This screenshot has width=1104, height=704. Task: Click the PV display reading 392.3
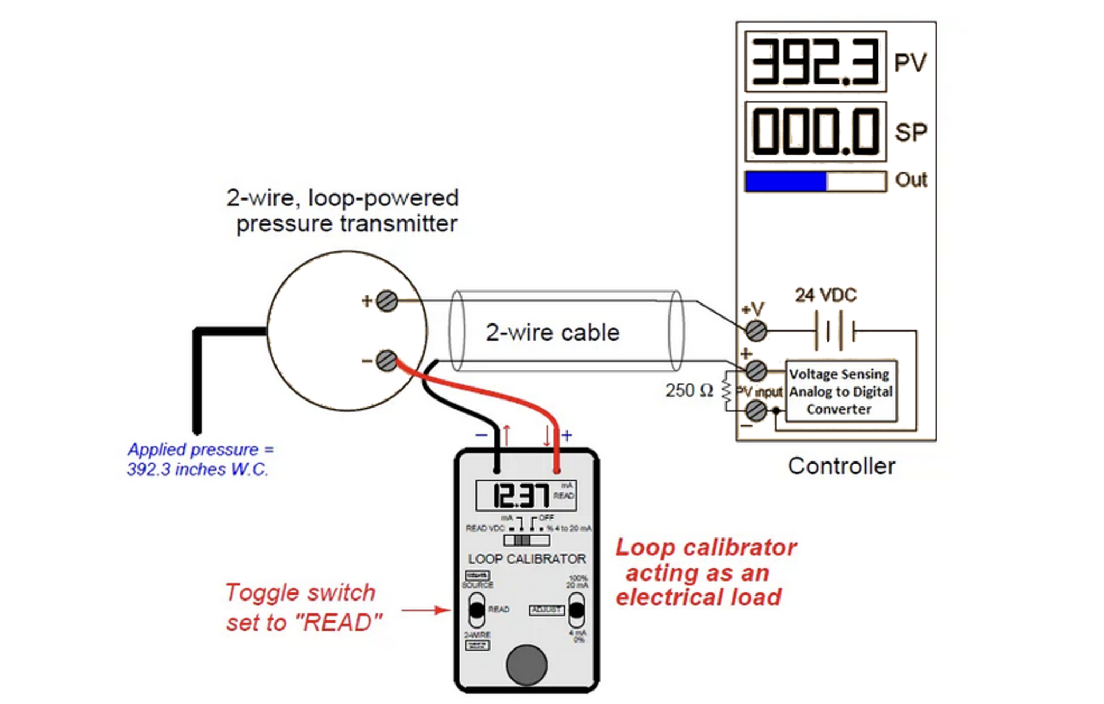pos(815,61)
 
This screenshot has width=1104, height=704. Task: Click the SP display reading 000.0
pos(815,132)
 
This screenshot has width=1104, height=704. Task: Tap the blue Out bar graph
pos(786,182)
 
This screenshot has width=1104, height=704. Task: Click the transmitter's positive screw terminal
pos(387,301)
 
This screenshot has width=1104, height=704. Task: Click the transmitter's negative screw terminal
pos(387,361)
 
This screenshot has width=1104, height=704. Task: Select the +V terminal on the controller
pos(756,330)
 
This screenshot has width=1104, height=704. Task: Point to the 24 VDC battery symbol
pos(834,330)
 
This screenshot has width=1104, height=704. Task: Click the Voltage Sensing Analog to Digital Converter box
pos(840,391)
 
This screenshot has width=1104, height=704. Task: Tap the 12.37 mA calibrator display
pos(526,495)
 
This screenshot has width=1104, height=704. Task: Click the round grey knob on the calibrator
pos(527,665)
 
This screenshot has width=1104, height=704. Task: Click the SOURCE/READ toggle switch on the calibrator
pos(477,610)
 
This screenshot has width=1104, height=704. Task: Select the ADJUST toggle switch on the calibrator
pos(576,610)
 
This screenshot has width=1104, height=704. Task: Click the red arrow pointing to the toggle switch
pos(426,610)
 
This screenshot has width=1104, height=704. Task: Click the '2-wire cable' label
pos(553,333)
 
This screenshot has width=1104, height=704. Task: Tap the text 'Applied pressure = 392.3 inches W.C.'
pos(199,459)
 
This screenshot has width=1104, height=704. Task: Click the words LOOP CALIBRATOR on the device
pos(527,559)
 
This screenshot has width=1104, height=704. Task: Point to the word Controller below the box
pos(841,466)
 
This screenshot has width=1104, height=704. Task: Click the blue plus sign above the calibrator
pos(567,435)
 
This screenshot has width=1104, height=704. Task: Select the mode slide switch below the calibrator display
pos(526,540)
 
